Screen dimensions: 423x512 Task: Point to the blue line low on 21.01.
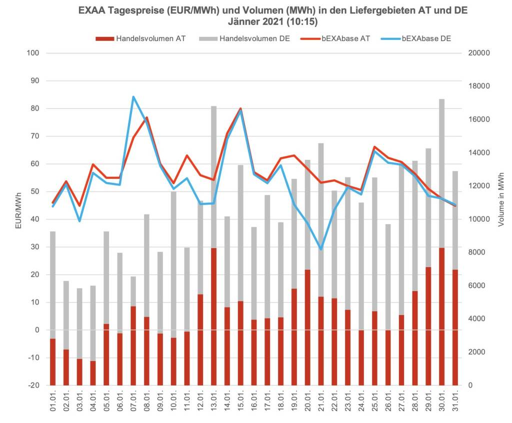point(321,249)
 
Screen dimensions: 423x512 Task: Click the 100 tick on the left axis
point(33,53)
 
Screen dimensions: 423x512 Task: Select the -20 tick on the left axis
point(32,386)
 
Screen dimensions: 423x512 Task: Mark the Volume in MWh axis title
point(500,200)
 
